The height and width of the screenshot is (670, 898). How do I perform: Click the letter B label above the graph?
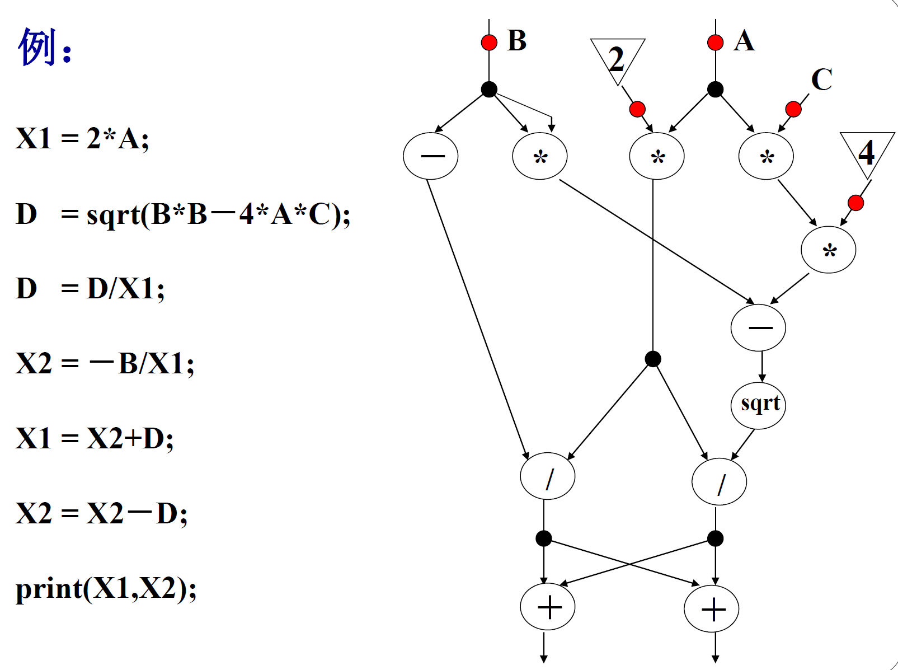pos(516,40)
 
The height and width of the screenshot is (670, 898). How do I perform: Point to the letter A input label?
pos(744,40)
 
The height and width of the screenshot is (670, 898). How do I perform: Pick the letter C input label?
pos(821,79)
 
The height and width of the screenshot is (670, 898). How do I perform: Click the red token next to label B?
pos(489,43)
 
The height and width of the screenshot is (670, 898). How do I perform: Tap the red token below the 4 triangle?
pos(855,203)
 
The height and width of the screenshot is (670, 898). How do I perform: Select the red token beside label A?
pos(715,43)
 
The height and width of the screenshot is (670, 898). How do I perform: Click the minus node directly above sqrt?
pos(758,327)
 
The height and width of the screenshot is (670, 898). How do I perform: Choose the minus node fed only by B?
pos(430,156)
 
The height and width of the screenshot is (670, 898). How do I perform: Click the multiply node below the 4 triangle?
pos(828,250)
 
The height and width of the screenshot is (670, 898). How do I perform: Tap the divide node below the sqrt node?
pos(719,481)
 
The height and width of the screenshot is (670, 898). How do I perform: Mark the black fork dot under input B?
pos(489,90)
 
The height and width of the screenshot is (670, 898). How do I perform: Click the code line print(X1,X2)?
pos(106,588)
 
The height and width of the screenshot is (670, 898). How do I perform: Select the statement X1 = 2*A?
pos(82,138)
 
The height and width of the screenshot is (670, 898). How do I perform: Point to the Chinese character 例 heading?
pos(38,47)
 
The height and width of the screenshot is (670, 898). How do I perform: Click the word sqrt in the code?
pos(112,214)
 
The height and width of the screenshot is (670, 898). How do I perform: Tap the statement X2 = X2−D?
pos(101,513)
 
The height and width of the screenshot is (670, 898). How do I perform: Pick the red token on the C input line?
pos(793,109)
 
